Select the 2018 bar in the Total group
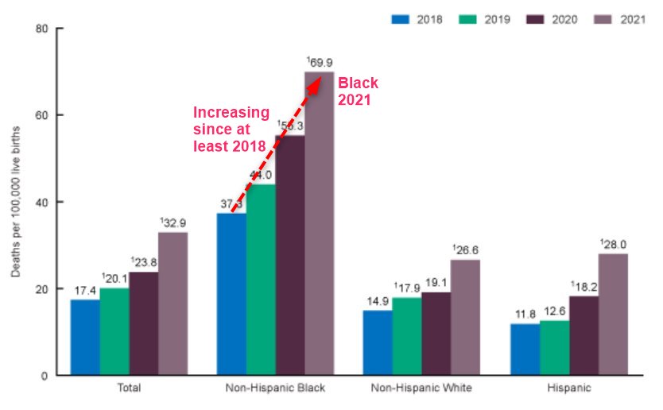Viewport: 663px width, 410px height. (x=85, y=337)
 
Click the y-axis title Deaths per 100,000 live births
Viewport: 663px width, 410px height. (x=17, y=202)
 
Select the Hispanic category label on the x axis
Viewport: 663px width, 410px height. (x=568, y=389)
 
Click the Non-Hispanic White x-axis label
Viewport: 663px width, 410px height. (x=421, y=389)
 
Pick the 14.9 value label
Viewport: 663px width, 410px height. (x=378, y=300)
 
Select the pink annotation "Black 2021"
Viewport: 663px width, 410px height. (x=358, y=90)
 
